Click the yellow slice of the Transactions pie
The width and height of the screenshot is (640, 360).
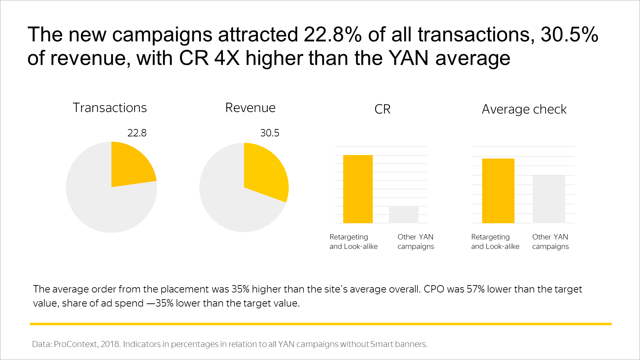[x=130, y=165]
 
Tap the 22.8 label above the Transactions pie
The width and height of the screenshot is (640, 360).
[x=137, y=133]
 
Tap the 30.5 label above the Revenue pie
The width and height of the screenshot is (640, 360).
[x=270, y=133]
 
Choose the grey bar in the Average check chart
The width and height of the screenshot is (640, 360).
[x=549, y=199]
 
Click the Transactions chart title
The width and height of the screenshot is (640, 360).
[x=110, y=108]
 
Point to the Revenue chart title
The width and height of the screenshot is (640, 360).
[x=250, y=108]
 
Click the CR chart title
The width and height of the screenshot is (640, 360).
[x=383, y=109]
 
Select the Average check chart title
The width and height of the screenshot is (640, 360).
[x=524, y=109]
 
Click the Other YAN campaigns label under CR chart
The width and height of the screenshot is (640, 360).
[x=416, y=242]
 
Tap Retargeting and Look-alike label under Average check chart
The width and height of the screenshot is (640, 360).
[x=495, y=242]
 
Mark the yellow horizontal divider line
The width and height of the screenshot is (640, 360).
[x=321, y=324]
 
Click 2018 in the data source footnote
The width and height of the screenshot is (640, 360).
[x=110, y=344]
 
